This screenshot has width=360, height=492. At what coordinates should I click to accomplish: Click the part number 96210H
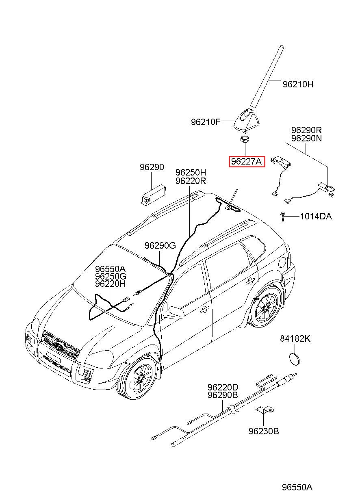pyautogui.click(x=297, y=84)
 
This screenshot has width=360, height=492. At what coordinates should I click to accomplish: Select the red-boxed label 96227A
pyautogui.click(x=247, y=162)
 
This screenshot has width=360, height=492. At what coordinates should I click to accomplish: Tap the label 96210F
pyautogui.click(x=206, y=122)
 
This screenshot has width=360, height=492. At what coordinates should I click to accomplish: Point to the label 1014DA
pyautogui.click(x=316, y=217)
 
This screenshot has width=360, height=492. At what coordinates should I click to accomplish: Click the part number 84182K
pyautogui.click(x=295, y=339)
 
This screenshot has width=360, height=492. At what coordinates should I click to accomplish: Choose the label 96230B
pyautogui.click(x=264, y=431)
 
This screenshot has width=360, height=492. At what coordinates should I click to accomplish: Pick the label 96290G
pyautogui.click(x=160, y=245)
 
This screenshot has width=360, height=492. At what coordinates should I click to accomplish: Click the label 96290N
pyautogui.click(x=306, y=139)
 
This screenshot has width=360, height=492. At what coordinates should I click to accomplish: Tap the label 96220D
pyautogui.click(x=223, y=387)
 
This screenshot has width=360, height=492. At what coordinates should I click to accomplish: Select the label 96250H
pyautogui.click(x=191, y=173)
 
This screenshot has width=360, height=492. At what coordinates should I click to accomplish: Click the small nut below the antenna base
pyautogui.click(x=245, y=140)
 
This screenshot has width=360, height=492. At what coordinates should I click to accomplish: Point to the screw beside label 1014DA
pyautogui.click(x=283, y=217)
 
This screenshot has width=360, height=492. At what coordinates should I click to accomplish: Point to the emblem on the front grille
pyautogui.click(x=59, y=345)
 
